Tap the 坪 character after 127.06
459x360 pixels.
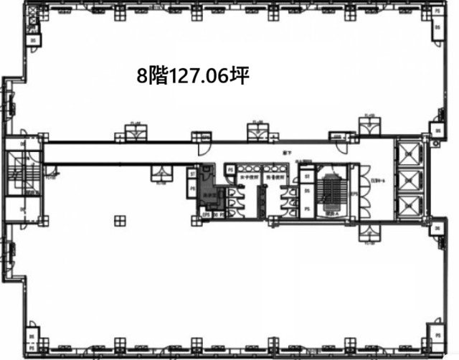click(240, 76)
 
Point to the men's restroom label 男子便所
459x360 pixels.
click(275, 177)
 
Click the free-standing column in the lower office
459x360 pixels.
click(120, 220)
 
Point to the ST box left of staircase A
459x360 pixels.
click(307, 174)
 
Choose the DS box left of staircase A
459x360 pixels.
click(307, 191)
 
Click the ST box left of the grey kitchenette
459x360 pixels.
click(191, 172)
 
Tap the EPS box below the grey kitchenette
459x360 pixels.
click(205, 214)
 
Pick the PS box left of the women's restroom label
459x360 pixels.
click(230, 169)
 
